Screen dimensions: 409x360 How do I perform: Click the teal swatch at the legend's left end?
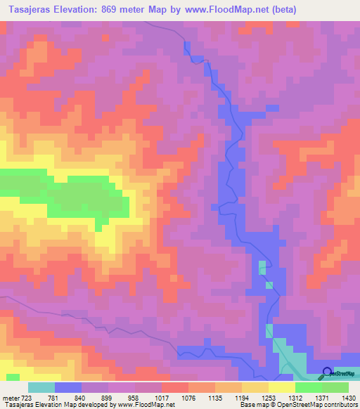click(x=41, y=387)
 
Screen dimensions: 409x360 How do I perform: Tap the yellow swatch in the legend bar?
click(x=282, y=387)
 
